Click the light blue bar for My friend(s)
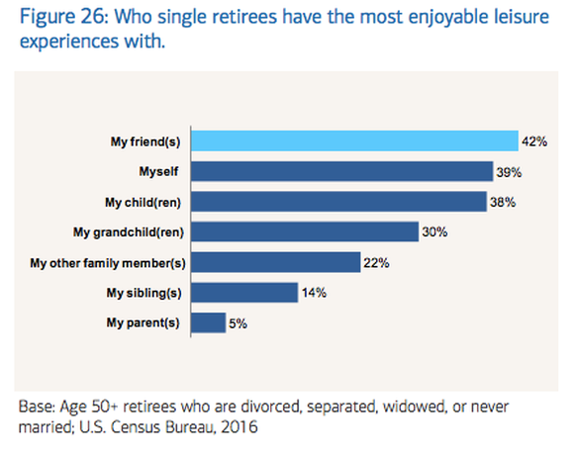(354, 141)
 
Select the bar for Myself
(342, 172)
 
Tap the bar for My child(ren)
(339, 202)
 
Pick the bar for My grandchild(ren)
(304, 232)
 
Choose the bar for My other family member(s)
(274, 262)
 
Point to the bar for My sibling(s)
(243, 293)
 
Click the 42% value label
(536, 141)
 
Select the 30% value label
(435, 232)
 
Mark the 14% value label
(315, 293)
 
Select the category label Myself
(160, 172)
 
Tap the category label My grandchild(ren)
(129, 232)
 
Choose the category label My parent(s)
(145, 322)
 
